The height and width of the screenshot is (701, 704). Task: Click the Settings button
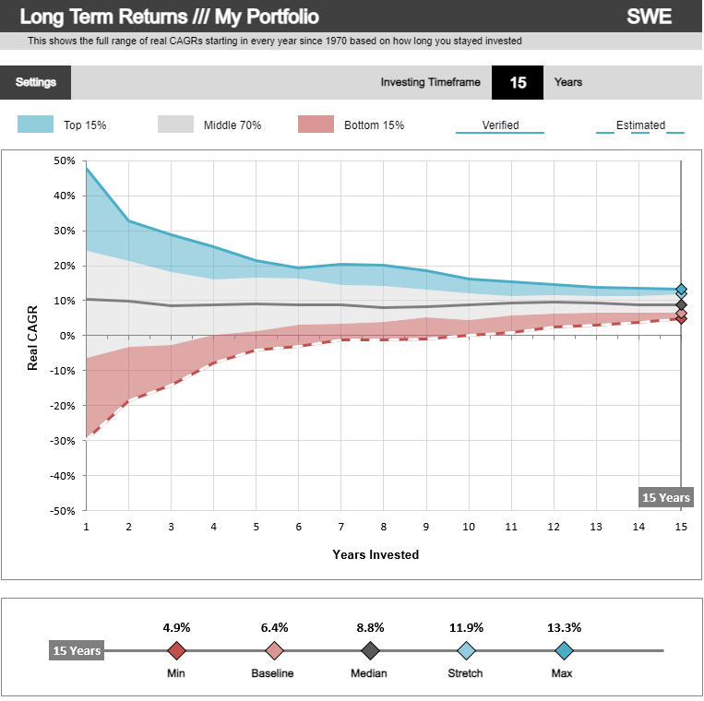[36, 82]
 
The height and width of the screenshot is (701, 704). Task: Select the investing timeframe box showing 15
[518, 82]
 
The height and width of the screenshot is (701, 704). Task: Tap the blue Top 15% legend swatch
[36, 125]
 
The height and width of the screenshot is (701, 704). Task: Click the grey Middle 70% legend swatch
[176, 125]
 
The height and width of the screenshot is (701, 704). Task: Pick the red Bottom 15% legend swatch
[316, 125]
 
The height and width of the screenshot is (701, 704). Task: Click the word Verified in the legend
[500, 125]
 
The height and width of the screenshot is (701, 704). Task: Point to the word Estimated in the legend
[640, 125]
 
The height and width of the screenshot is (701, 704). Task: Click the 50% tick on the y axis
[64, 160]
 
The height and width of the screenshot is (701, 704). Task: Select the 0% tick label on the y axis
[66, 336]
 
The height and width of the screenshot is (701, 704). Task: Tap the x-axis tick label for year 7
[340, 526]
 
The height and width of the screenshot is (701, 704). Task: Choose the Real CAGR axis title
[33, 336]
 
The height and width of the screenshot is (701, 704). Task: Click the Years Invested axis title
[376, 554]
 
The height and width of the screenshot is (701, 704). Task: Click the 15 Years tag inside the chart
[665, 497]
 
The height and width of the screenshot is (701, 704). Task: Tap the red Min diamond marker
[176, 651]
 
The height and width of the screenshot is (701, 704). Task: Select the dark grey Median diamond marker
[370, 651]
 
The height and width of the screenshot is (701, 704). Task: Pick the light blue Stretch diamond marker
[467, 651]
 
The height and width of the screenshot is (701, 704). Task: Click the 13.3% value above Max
[564, 627]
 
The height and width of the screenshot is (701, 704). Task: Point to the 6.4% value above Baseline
[273, 627]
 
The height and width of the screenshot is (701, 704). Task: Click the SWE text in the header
[649, 17]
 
